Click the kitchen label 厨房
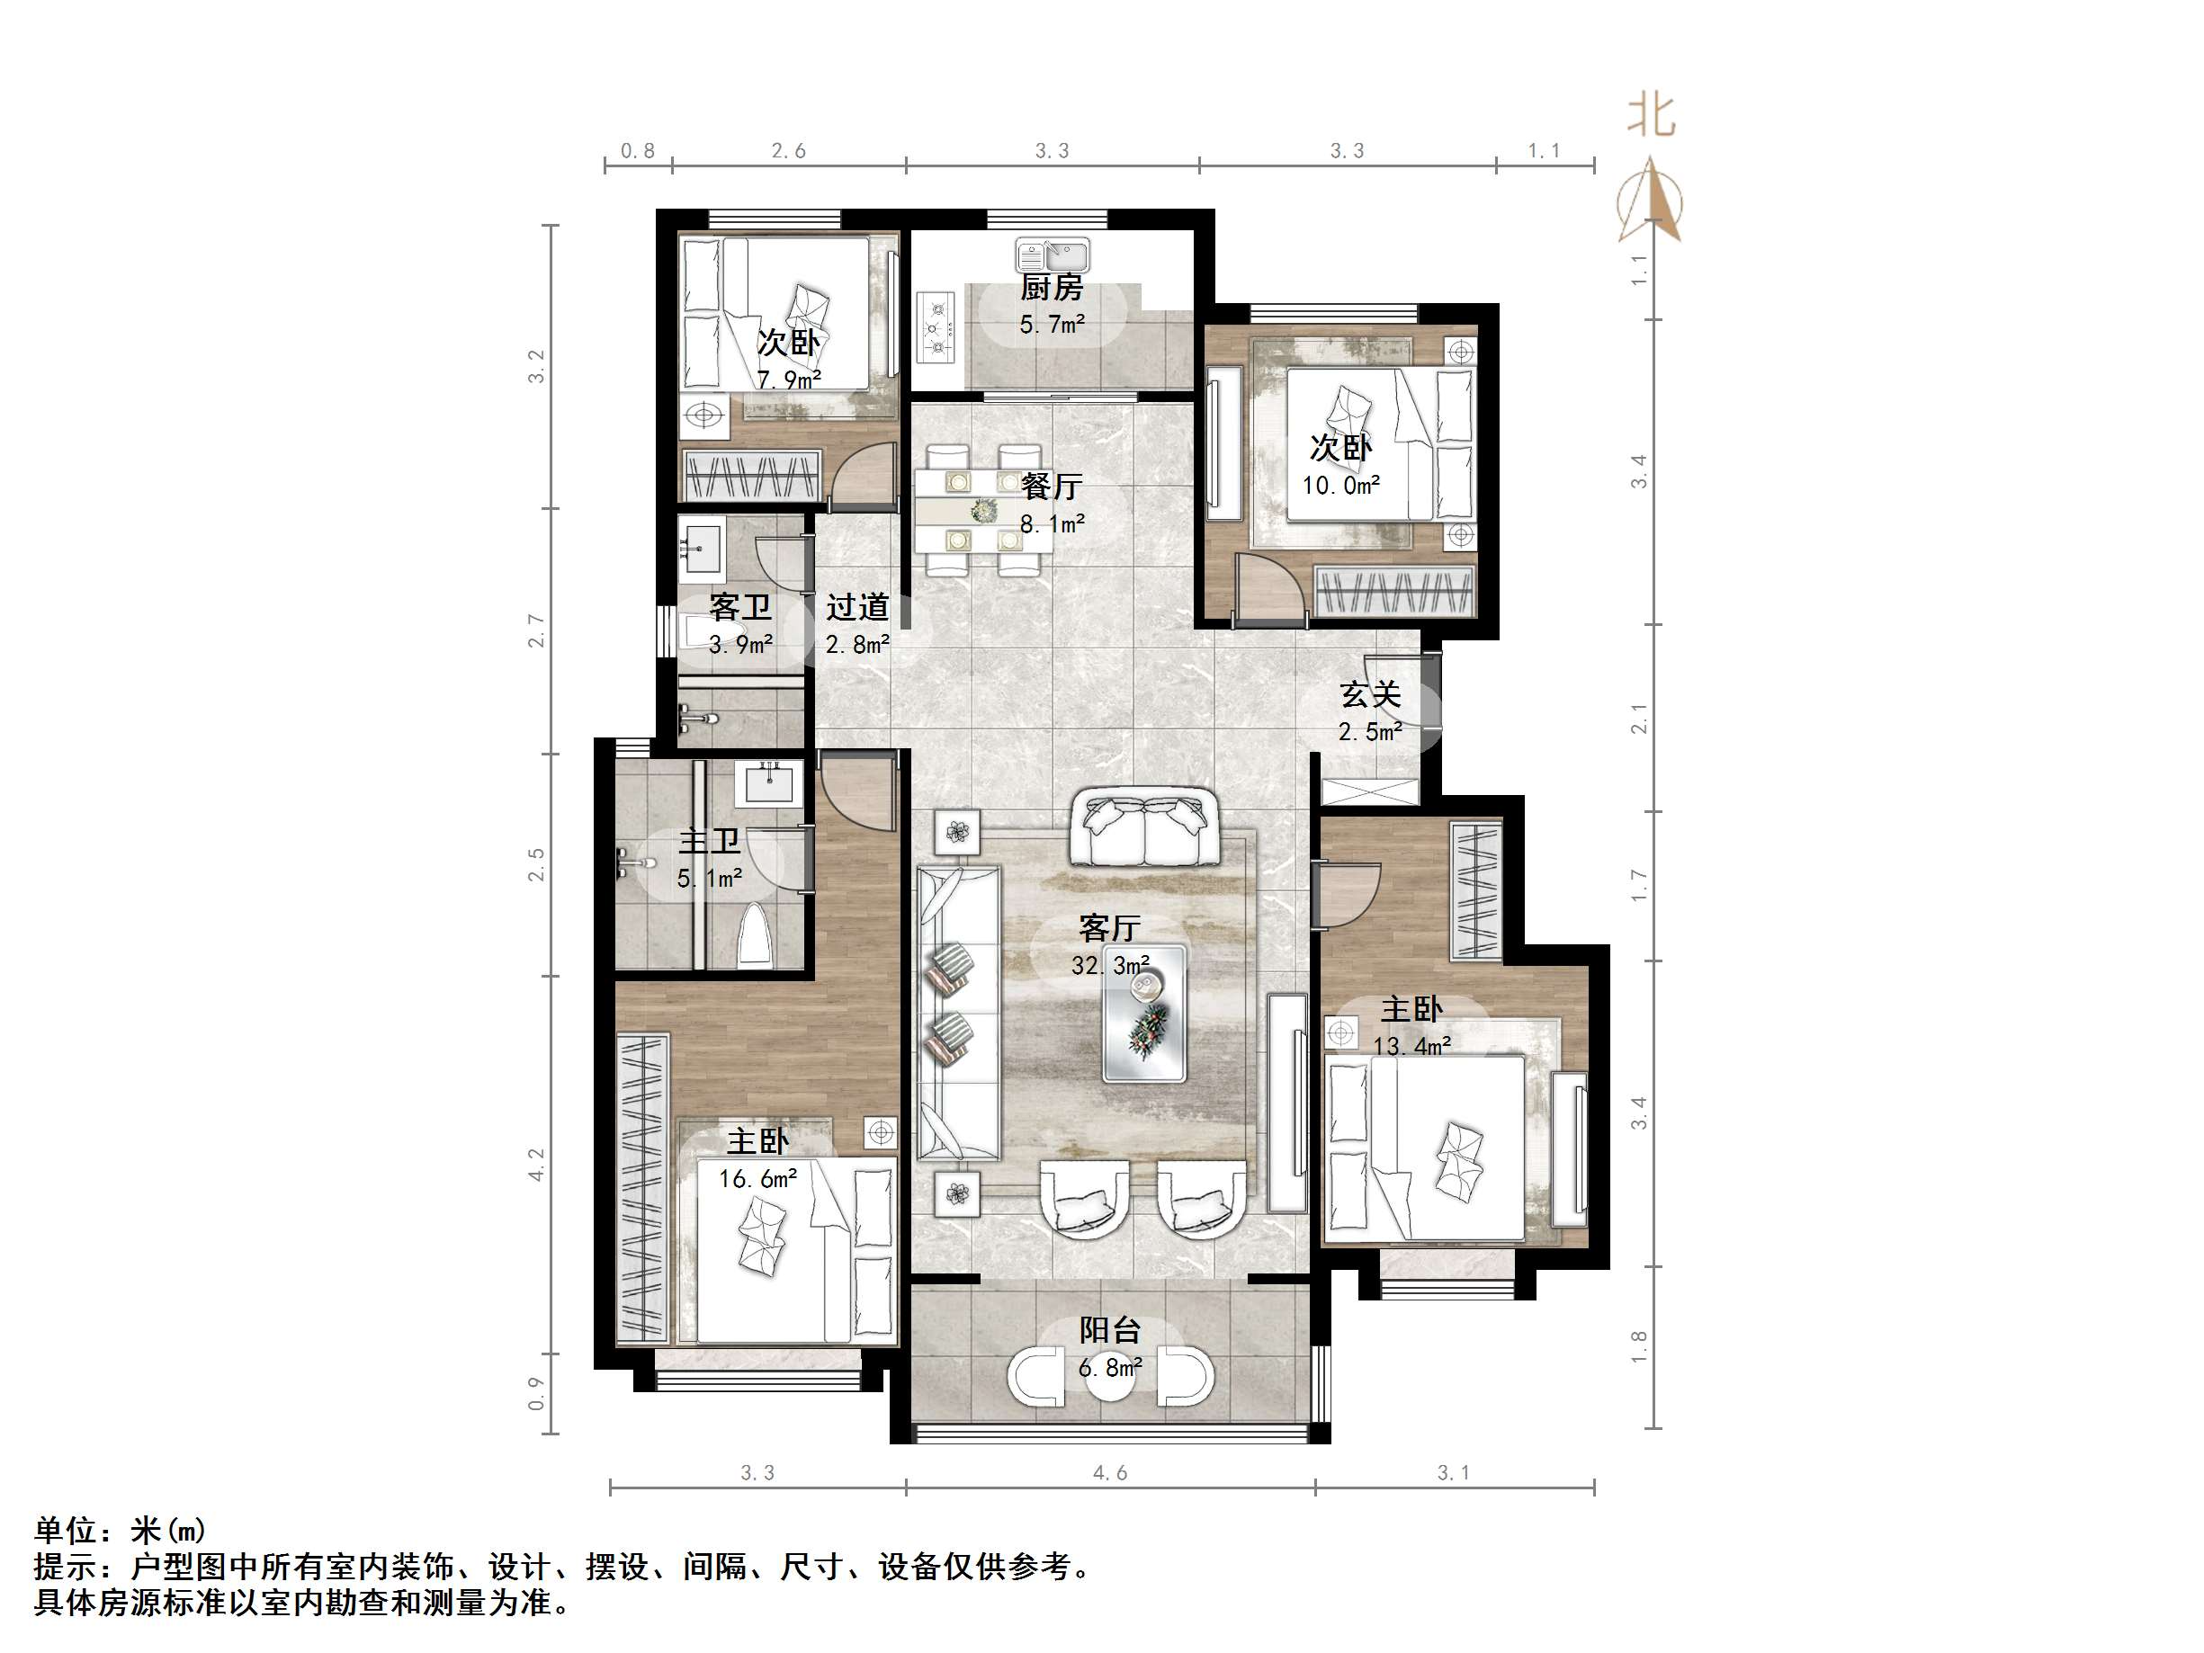coord(1052,288)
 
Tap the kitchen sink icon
coord(1053,255)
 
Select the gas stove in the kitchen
coord(936,326)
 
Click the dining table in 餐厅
coord(978,510)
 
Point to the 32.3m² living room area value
coord(1110,966)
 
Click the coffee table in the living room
coord(1144,1014)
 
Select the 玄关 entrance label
coord(1370,694)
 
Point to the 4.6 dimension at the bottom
coord(1110,1472)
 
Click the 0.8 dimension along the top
coord(638,150)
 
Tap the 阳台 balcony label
coord(1110,1330)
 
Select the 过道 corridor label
coord(857,607)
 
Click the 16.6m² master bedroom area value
coord(757,1180)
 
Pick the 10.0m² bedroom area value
coord(1340,486)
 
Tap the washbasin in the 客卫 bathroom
coord(703,549)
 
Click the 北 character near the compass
coord(1651,116)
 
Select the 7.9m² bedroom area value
coord(788,380)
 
